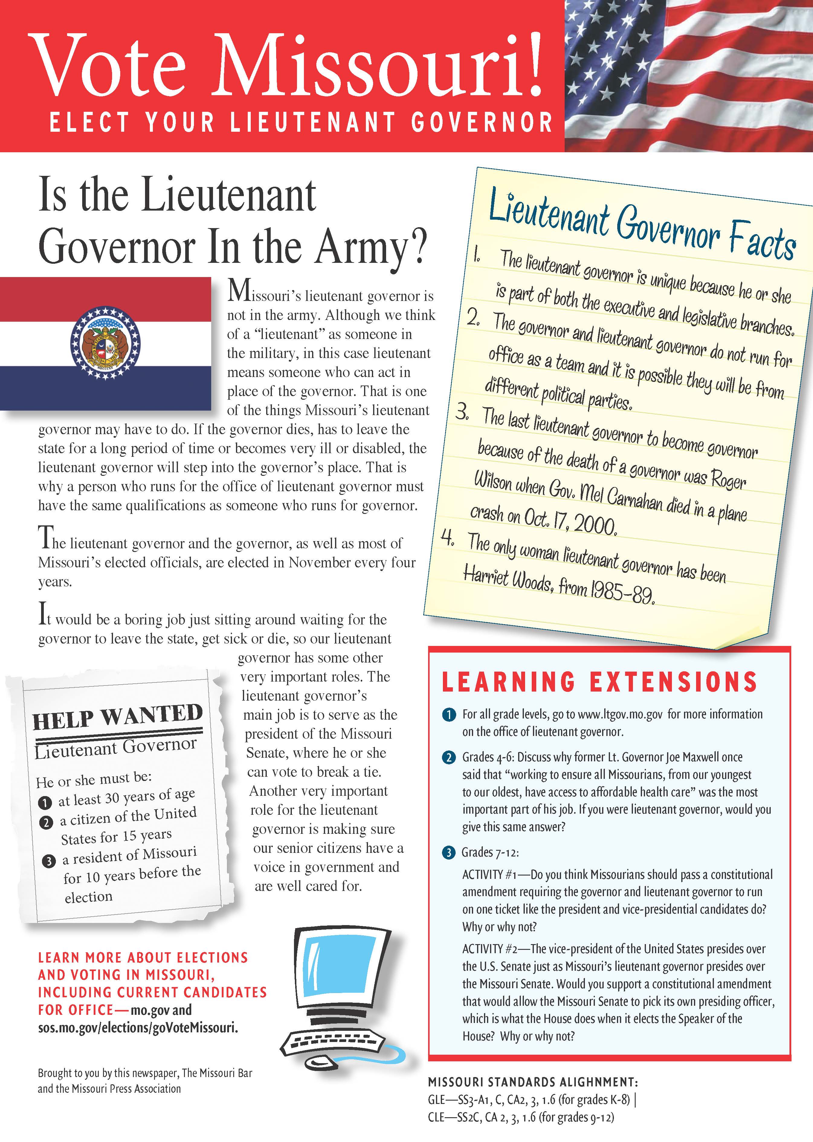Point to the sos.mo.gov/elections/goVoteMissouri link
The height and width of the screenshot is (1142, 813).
pos(138,1028)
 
